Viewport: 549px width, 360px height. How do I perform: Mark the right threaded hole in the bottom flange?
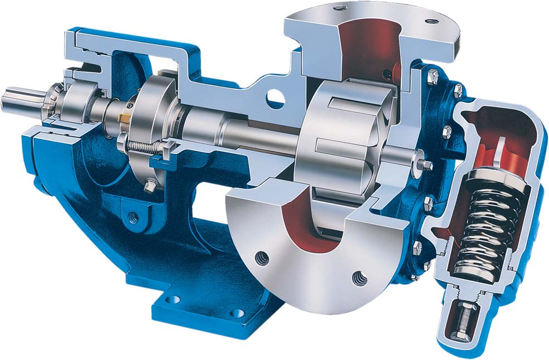[x=357, y=276]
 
